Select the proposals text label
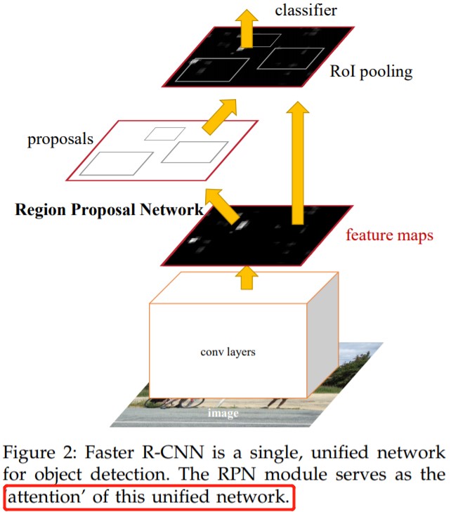point(60,139)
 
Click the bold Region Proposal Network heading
point(109,209)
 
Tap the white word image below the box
point(223,413)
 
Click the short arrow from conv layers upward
point(245,277)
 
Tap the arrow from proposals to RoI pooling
point(219,114)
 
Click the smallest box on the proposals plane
point(170,133)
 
